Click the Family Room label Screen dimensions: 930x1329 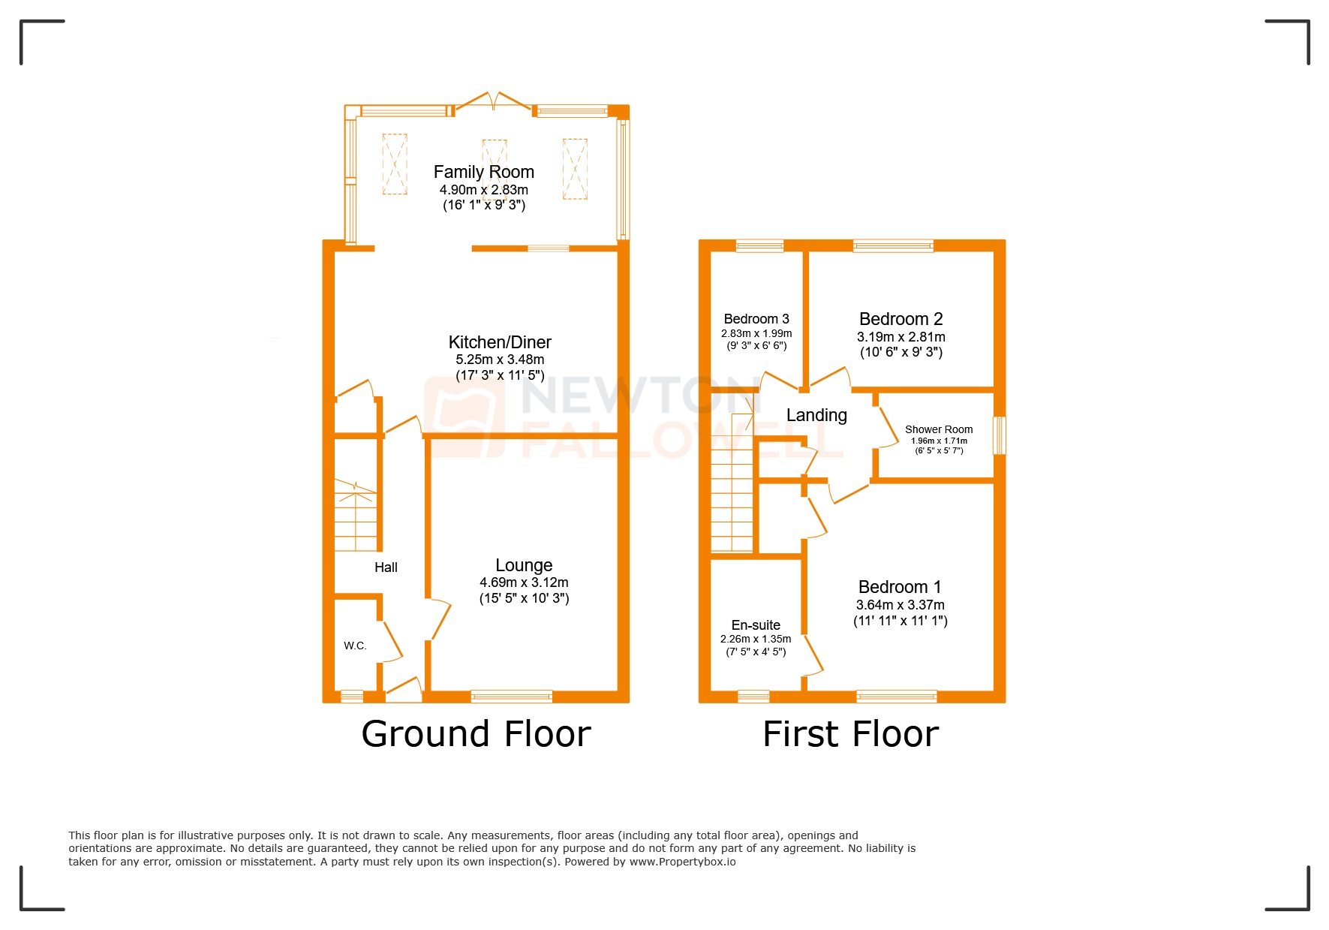[x=483, y=172]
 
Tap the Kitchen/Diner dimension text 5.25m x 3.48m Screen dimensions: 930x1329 [x=500, y=360]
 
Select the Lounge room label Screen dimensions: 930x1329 [x=524, y=565]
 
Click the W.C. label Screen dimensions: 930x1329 [x=355, y=646]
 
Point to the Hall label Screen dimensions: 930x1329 [x=386, y=567]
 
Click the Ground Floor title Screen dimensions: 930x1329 [x=476, y=734]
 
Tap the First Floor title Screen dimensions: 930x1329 [x=850, y=734]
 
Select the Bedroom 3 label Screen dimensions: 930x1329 [x=756, y=319]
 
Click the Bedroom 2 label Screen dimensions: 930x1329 [x=901, y=319]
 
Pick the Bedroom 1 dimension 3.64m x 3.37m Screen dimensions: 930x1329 [x=900, y=605]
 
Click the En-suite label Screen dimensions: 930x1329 [x=756, y=625]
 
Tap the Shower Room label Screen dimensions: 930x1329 [x=938, y=429]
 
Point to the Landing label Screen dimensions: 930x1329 [x=816, y=415]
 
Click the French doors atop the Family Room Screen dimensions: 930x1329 [x=493, y=103]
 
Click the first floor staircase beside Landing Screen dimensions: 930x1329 [x=732, y=488]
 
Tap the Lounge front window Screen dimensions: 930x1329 [x=511, y=697]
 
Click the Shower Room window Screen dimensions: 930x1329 [x=999, y=435]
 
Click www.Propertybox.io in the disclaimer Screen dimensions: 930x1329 [x=682, y=862]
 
